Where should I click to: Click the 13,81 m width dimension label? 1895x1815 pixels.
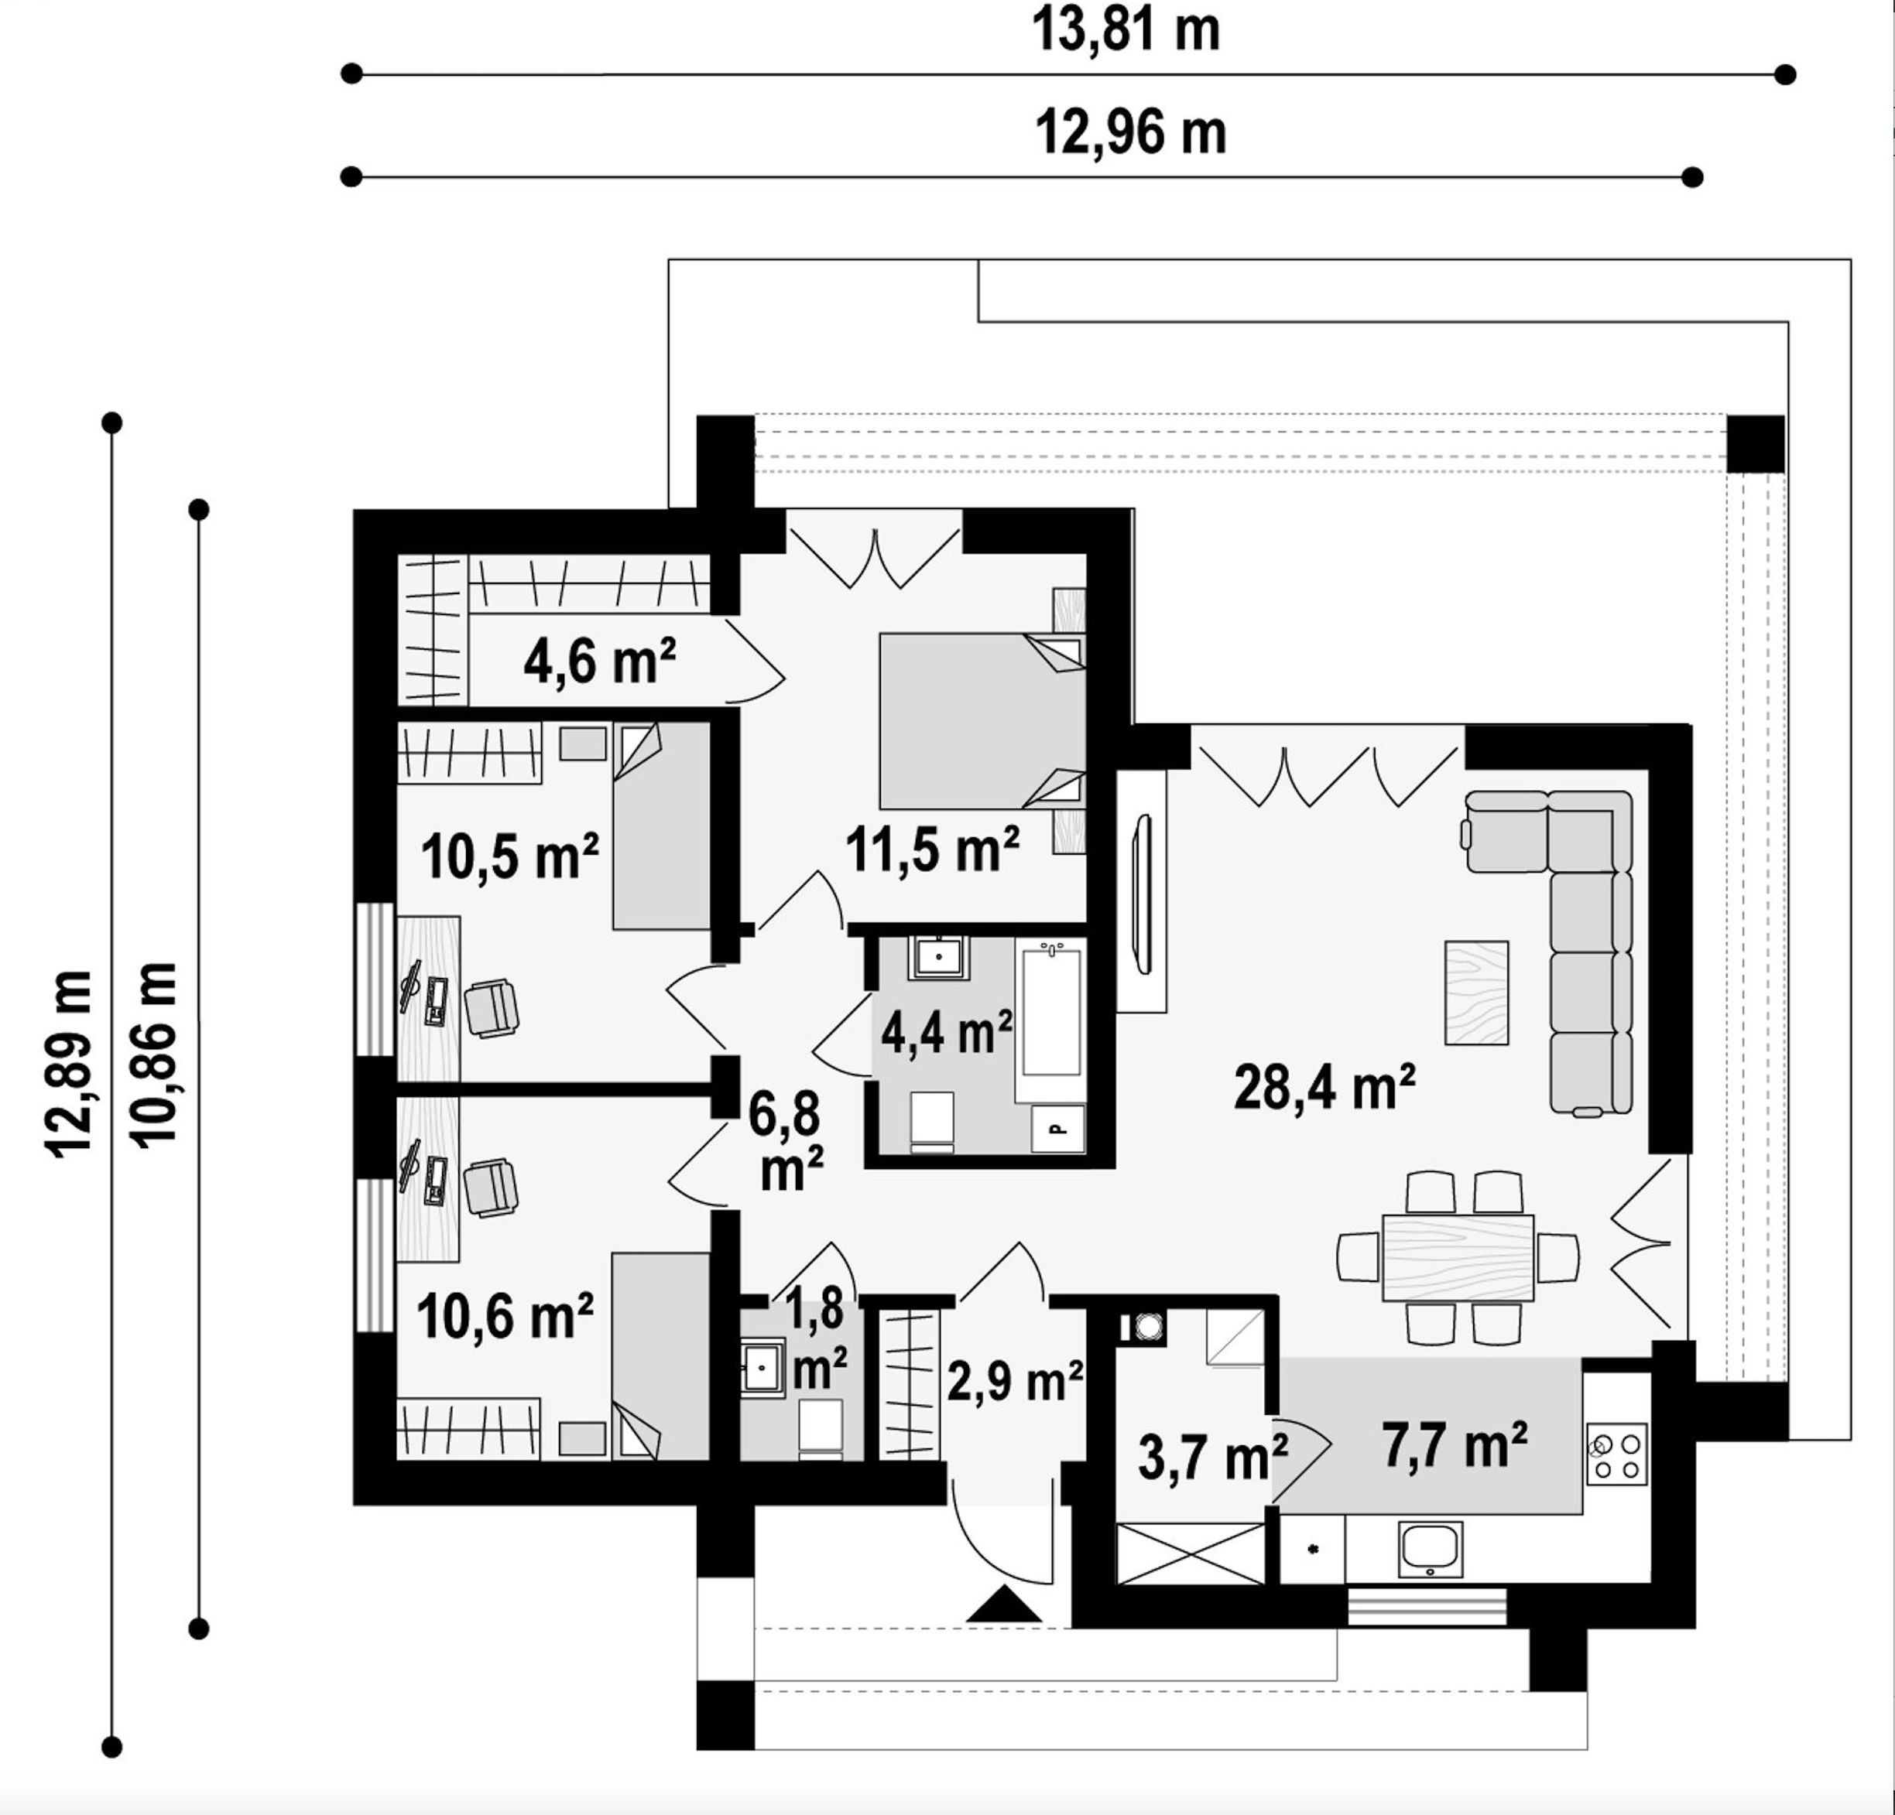pos(1126,31)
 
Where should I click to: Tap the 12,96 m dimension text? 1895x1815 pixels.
pos(1130,132)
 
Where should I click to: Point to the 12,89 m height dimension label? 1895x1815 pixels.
pos(70,1064)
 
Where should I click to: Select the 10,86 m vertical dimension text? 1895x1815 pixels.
pos(156,1055)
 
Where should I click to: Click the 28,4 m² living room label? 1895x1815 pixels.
pos(1324,1086)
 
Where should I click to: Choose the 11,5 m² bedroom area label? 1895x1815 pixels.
pos(932,849)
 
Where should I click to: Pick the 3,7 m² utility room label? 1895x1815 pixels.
pos(1212,1458)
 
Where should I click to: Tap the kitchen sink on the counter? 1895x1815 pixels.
pos(1430,1548)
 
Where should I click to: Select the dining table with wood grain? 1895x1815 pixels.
pos(1458,1257)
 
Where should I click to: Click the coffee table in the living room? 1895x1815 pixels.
pos(1476,993)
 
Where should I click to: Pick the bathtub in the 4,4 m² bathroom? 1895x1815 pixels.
pos(1051,1012)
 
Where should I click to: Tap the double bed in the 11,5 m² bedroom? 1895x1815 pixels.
pos(982,721)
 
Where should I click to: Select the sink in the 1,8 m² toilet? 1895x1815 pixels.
pos(762,1366)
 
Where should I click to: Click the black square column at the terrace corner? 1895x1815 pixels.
pos(1756,443)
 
